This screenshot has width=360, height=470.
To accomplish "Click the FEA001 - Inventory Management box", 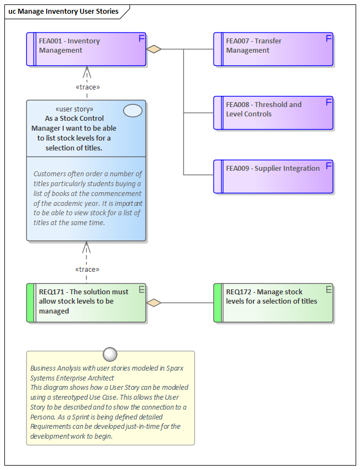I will (x=86, y=49).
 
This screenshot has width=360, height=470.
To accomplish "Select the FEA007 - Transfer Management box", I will (x=273, y=49).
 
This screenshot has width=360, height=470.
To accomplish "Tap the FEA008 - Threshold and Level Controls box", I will (x=273, y=113).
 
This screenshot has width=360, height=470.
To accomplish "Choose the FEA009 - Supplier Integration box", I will (x=273, y=177).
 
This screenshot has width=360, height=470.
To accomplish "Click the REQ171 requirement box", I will (x=86, y=303).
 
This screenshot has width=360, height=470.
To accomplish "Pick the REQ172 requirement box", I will (x=273, y=303).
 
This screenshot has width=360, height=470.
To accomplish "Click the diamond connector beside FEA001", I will (x=154, y=49).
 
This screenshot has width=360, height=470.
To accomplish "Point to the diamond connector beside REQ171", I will (x=154, y=303).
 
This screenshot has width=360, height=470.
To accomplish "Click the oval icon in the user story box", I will (x=133, y=110).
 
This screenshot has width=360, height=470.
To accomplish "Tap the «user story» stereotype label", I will (x=74, y=109).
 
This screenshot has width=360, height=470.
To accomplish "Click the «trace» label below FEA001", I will (x=87, y=87).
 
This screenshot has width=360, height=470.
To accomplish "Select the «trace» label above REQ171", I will (x=87, y=270).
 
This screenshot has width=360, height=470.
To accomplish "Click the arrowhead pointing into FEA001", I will (x=87, y=71).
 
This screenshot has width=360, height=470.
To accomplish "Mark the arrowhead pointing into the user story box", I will (x=87, y=247).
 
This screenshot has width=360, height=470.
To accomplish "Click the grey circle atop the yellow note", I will (x=110, y=354).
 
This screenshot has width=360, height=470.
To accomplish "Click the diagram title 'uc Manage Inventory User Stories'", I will (x=63, y=11).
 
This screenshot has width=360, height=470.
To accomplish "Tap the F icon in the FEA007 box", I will (x=329, y=38).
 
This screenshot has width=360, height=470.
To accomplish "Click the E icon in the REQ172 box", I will (x=329, y=289).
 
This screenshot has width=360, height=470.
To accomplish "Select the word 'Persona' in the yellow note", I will (x=43, y=417).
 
